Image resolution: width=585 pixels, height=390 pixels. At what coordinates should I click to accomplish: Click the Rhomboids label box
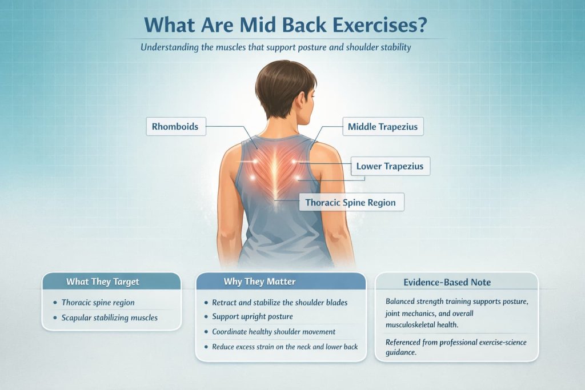click(x=175, y=126)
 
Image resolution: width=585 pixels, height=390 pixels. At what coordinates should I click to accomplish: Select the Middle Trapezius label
click(x=383, y=126)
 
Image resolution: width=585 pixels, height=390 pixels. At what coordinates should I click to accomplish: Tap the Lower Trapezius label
click(x=390, y=167)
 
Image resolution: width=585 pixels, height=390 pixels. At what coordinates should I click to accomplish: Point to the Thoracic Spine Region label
click(x=351, y=202)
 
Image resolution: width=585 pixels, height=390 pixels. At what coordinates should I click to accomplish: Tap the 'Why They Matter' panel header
click(x=280, y=282)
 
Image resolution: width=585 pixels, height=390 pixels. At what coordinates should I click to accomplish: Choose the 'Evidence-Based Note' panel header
click(x=456, y=282)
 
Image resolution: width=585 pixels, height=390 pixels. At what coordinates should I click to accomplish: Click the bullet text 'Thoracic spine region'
click(x=98, y=303)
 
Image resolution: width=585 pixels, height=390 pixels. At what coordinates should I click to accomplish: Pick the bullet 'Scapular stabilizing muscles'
click(x=109, y=317)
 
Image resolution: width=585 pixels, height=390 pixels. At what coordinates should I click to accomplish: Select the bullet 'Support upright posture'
click(x=252, y=317)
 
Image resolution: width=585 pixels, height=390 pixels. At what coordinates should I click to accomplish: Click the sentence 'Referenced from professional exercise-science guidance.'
click(x=456, y=347)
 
